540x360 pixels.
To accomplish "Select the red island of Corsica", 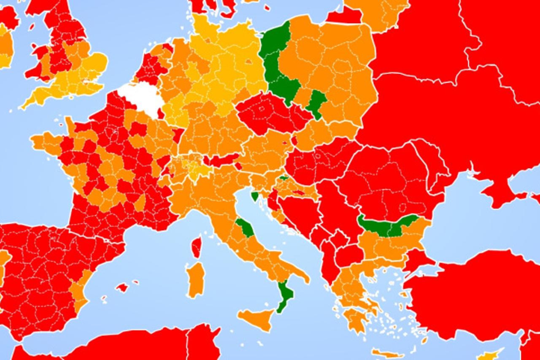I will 196,247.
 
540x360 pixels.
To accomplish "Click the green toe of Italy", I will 285,295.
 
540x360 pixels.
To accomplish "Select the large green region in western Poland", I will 276,63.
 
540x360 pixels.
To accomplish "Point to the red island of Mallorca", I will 122,287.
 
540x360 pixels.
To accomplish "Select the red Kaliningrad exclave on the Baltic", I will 344,16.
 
